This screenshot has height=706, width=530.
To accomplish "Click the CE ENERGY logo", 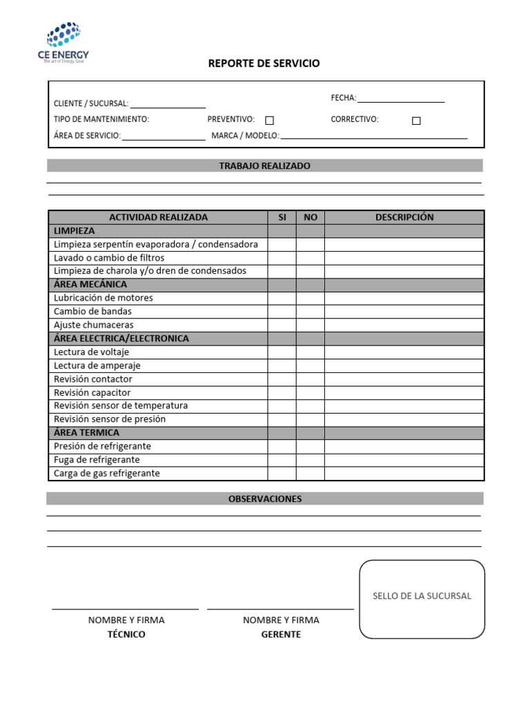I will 63,43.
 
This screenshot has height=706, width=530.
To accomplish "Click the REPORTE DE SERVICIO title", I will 264,63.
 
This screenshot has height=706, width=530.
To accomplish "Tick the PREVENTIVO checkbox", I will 270,121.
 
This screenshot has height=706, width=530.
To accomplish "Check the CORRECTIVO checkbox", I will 416,121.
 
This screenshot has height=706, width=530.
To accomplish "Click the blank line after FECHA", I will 400,99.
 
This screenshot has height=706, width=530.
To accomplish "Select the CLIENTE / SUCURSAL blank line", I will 168,104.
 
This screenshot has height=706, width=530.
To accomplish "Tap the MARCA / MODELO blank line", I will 373,136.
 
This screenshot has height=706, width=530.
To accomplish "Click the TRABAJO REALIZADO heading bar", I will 264,166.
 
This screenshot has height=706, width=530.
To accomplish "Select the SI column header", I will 282,217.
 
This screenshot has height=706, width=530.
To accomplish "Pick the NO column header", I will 311,217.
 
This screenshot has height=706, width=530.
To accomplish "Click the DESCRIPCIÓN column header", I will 404,217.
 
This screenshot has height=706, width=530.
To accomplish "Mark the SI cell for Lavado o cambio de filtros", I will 282,258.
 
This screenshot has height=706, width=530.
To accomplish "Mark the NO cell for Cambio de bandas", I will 311,312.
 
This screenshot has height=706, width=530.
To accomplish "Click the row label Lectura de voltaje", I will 91,352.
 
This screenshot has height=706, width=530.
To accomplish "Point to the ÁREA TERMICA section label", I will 86,433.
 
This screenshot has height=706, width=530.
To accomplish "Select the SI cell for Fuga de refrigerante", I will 282,460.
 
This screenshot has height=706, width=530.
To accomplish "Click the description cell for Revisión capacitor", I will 404,393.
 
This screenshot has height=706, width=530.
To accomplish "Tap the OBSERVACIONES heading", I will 264,499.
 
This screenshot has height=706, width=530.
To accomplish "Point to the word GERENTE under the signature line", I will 281,635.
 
